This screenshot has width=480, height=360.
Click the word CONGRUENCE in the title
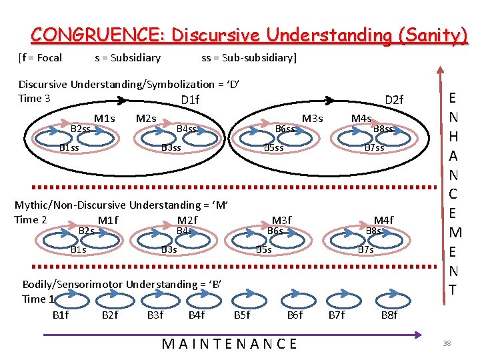(91, 35)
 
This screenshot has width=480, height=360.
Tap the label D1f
(190, 101)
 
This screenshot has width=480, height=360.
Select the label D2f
(394, 101)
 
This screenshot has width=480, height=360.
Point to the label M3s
(312, 119)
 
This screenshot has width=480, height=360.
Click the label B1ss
(69, 147)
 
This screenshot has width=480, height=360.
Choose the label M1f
(107, 221)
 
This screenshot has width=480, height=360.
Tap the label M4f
(383, 221)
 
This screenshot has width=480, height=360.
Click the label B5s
(264, 249)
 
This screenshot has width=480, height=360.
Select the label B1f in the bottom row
(60, 315)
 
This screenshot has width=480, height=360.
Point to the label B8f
(389, 315)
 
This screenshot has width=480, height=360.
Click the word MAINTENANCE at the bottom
(229, 344)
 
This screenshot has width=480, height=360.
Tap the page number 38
(447, 344)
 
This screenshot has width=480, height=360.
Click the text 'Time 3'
(34, 99)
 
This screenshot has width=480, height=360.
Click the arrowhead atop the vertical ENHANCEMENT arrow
(439, 69)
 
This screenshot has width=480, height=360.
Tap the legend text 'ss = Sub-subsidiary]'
(249, 57)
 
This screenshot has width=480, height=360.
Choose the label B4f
(197, 315)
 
